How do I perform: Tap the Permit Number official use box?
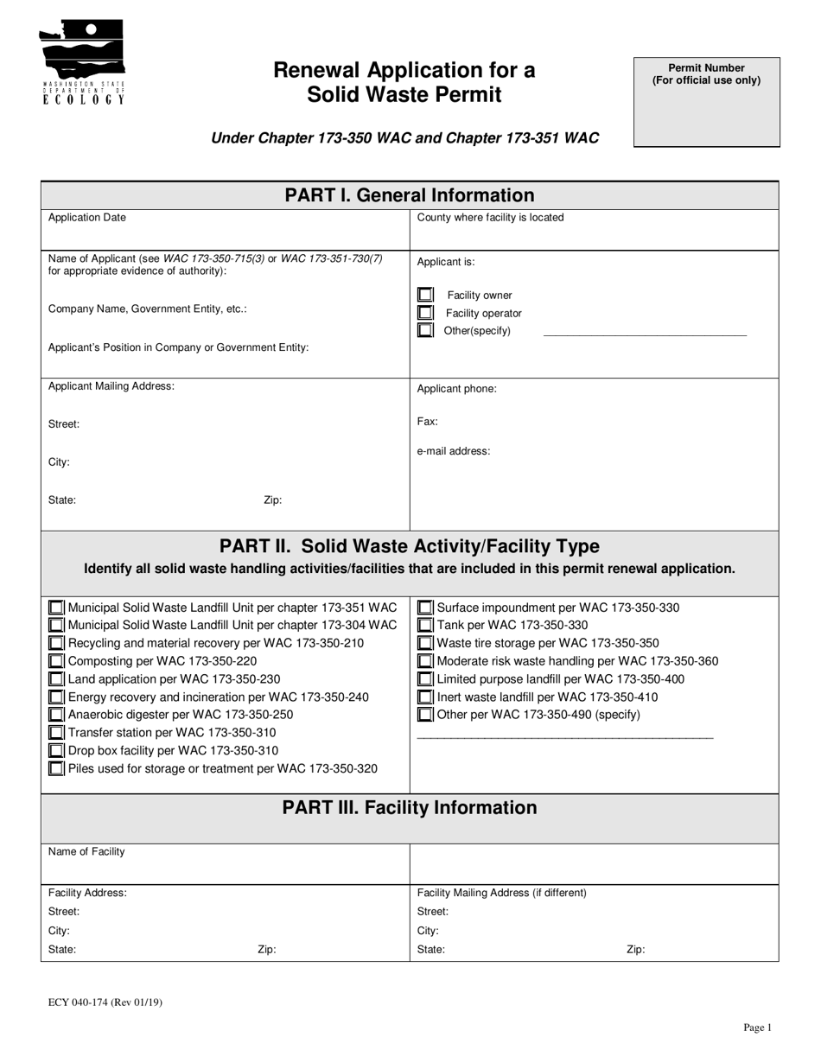coord(706,102)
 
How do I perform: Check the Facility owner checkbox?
coord(425,295)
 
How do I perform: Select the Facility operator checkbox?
coord(425,313)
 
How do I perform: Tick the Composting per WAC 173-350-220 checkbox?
coord(56,661)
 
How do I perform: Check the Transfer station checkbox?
coord(56,733)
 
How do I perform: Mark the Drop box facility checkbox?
coord(56,751)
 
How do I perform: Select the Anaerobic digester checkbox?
coord(56,715)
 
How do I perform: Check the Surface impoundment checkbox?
coord(425,608)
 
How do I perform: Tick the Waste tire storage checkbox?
coord(425,643)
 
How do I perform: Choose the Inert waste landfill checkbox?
coord(425,697)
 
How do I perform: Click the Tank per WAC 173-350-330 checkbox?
coord(425,625)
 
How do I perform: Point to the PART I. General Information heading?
coord(410,195)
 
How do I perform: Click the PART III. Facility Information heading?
coord(410,807)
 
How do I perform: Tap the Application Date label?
coord(86,218)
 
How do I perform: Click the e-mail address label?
coord(454,450)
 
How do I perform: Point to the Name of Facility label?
coord(86,851)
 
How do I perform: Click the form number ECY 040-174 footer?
coord(105,1003)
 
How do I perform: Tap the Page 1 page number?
coord(757,1028)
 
